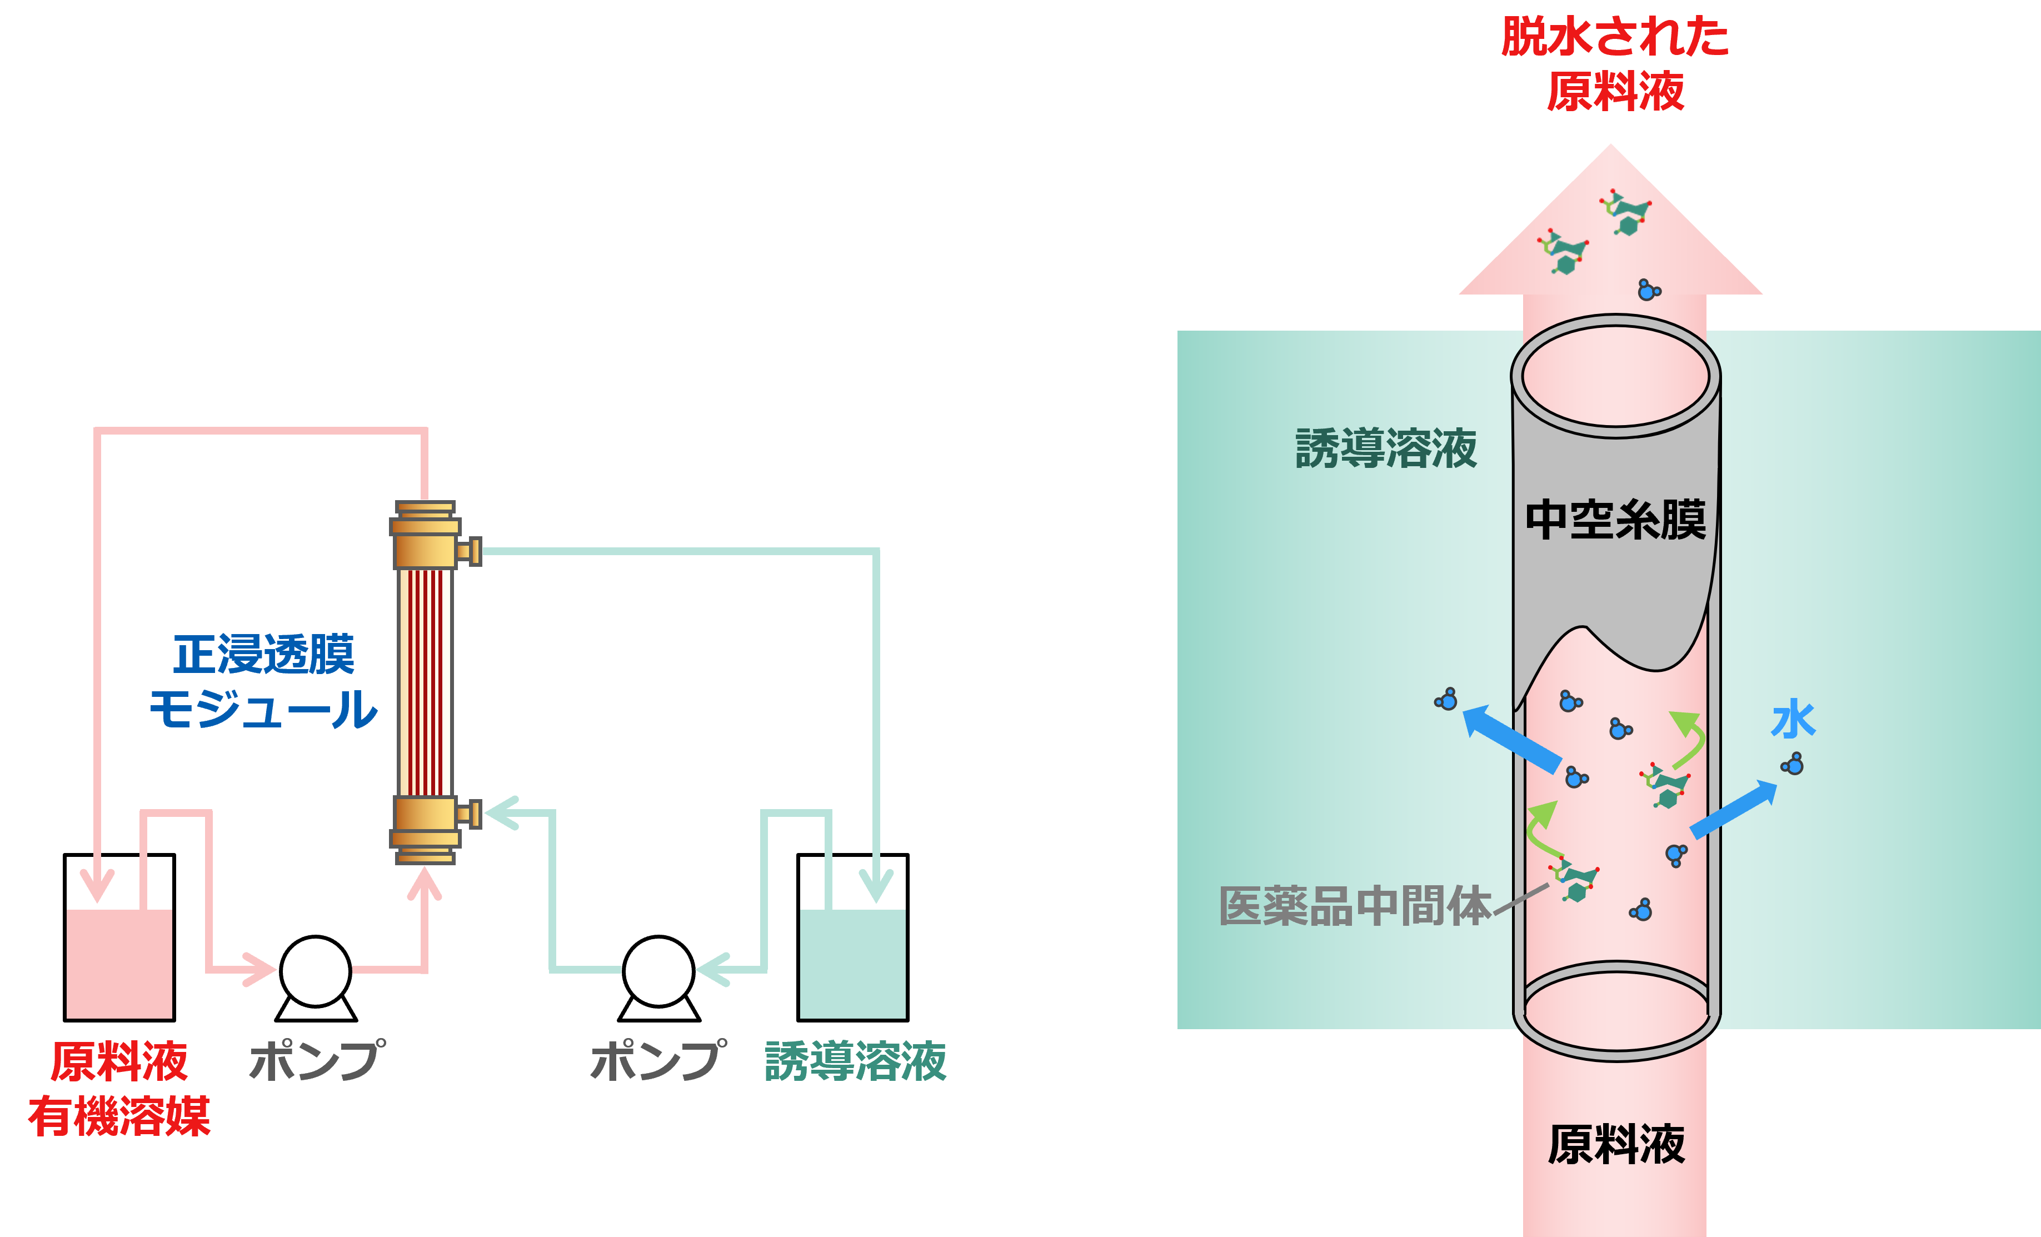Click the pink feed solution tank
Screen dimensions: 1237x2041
[119, 964]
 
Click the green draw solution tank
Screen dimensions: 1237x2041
[852, 964]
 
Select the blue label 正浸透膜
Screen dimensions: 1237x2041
[263, 655]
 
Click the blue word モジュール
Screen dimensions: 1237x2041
[263, 709]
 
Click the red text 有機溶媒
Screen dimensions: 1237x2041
[119, 1116]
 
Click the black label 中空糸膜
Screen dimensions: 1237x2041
[1615, 520]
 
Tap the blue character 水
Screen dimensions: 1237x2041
[1793, 719]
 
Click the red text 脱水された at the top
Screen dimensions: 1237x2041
[1615, 37]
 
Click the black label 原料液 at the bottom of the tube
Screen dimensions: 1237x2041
[1615, 1145]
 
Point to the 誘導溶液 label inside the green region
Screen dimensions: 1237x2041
[1386, 448]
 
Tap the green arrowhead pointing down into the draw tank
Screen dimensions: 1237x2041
[876, 885]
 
